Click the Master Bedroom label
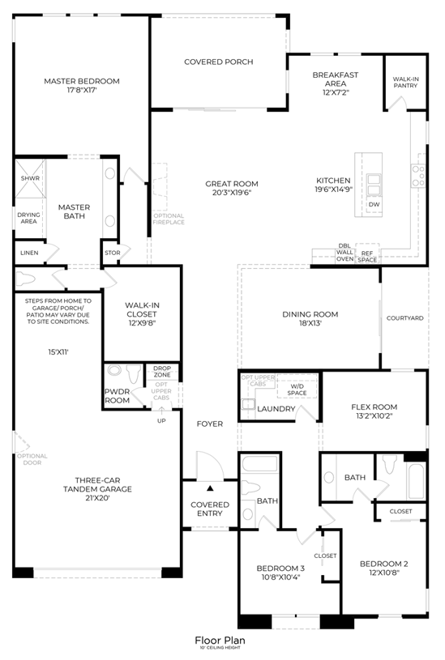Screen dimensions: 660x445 [82, 81]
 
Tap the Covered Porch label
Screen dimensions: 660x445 [218, 62]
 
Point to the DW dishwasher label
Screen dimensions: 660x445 [374, 204]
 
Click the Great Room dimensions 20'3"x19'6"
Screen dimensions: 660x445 [232, 194]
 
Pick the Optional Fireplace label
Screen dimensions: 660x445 [169, 219]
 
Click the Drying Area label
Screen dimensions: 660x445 [28, 218]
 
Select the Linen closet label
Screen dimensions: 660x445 [28, 253]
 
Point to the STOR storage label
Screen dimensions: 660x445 [113, 253]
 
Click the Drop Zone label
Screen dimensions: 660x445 [162, 372]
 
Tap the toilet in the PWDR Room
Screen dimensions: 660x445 [116, 373]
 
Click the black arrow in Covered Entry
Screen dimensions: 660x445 [210, 488]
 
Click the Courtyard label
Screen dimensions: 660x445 [404, 318]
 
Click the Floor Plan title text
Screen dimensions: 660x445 [220, 640]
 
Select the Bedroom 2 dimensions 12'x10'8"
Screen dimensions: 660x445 [383, 572]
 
